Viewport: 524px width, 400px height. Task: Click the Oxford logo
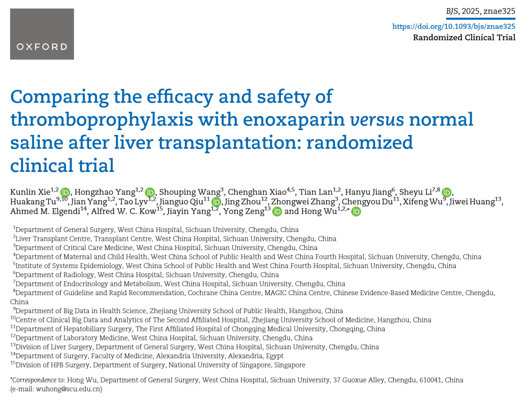42,34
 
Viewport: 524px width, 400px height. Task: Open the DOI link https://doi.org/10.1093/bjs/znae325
454,27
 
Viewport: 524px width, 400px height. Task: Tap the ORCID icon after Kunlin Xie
65,192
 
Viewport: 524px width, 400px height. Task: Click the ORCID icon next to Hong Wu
356,212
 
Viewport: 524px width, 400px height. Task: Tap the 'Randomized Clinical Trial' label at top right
464,38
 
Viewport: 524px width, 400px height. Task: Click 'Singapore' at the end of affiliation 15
290,365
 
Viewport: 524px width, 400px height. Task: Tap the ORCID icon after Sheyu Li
447,192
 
